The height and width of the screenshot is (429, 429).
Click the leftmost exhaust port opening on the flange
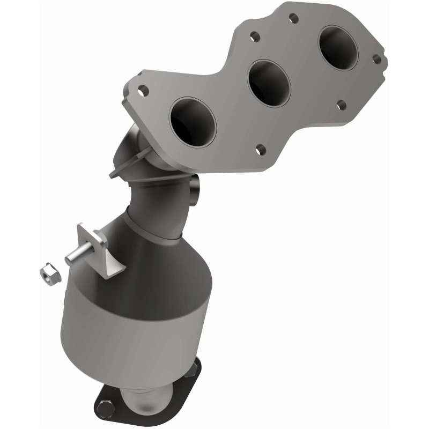(x=192, y=122)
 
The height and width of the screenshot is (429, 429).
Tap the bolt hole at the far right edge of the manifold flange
(x=376, y=59)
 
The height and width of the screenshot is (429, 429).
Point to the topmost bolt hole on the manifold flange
(x=293, y=19)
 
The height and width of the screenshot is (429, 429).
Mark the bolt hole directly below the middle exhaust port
(x=260, y=149)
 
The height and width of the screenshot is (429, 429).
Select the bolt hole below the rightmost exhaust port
(x=341, y=104)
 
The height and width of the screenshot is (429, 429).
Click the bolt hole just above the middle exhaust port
(x=255, y=37)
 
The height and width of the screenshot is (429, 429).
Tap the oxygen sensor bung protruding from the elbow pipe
(x=195, y=187)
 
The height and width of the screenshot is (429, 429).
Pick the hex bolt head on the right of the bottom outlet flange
(x=191, y=368)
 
